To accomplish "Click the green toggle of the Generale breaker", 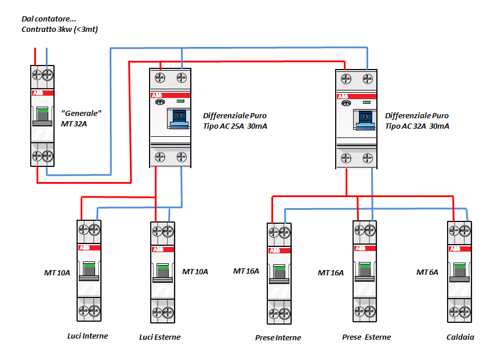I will (42, 114).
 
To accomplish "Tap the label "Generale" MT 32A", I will (81, 118).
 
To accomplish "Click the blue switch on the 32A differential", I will (365, 118).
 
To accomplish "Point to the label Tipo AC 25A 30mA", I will (235, 126).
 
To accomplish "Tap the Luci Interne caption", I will (88, 336).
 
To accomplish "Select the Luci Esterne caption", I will (160, 337).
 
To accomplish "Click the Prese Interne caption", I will (278, 337).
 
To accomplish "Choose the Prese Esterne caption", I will (366, 337).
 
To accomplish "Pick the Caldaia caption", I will (460, 337).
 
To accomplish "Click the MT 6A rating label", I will (427, 272).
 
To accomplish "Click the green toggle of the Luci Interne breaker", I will (89, 270).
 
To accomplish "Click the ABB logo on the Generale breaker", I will (38, 93).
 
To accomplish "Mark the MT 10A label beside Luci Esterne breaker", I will (195, 271).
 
